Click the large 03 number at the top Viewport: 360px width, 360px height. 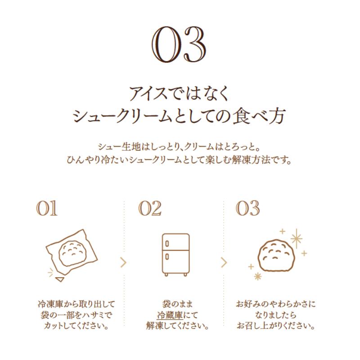pyautogui.click(x=179, y=47)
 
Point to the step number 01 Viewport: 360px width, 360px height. pyautogui.click(x=48, y=209)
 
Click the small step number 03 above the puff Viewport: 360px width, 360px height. pyautogui.click(x=248, y=209)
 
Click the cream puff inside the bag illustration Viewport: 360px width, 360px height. pyautogui.click(x=72, y=251)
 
